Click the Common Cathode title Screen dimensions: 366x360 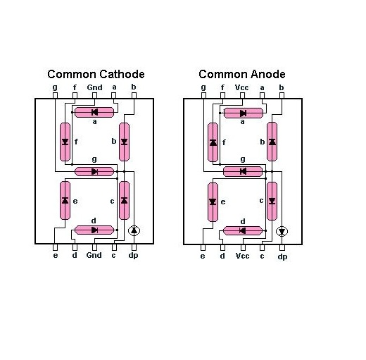coord(96,74)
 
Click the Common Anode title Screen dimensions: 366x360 coord(242,74)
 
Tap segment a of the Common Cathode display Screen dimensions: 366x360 coord(94,113)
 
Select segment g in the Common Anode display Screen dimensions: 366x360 coord(243,171)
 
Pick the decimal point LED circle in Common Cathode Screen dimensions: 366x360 coord(134,230)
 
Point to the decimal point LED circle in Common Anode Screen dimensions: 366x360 coord(282,232)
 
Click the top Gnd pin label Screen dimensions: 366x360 coord(94,87)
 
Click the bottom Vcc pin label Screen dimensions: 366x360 coord(242,256)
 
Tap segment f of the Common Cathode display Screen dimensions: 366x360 coord(65,142)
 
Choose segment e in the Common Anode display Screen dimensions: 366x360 coord(213,202)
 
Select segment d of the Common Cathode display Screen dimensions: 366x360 coord(94,230)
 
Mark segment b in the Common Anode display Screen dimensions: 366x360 coord(272,142)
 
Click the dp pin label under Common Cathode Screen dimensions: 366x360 coord(133,256)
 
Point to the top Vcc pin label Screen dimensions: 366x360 coord(242,88)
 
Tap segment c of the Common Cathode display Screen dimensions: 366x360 coord(125,200)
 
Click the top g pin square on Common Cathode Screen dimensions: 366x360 coord(56,95)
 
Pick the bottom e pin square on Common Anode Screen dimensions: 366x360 coord(203,247)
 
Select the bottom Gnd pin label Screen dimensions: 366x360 coord(94,255)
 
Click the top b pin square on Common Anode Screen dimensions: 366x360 coord(282,95)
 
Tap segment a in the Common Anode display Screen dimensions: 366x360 coord(244,113)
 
